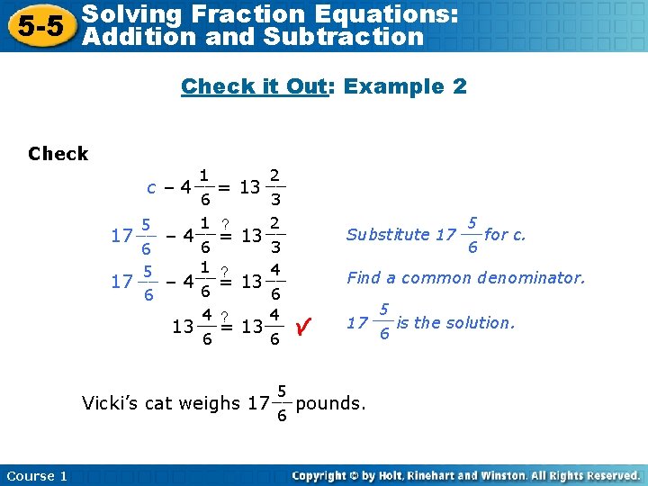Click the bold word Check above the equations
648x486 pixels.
(58, 154)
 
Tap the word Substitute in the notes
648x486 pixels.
(388, 235)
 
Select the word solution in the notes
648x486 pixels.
(484, 321)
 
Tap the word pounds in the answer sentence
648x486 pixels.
(330, 403)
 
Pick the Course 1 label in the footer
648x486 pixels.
(37, 475)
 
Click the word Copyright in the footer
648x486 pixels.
(321, 475)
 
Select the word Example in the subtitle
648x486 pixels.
(395, 86)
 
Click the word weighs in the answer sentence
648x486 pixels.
(212, 403)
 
